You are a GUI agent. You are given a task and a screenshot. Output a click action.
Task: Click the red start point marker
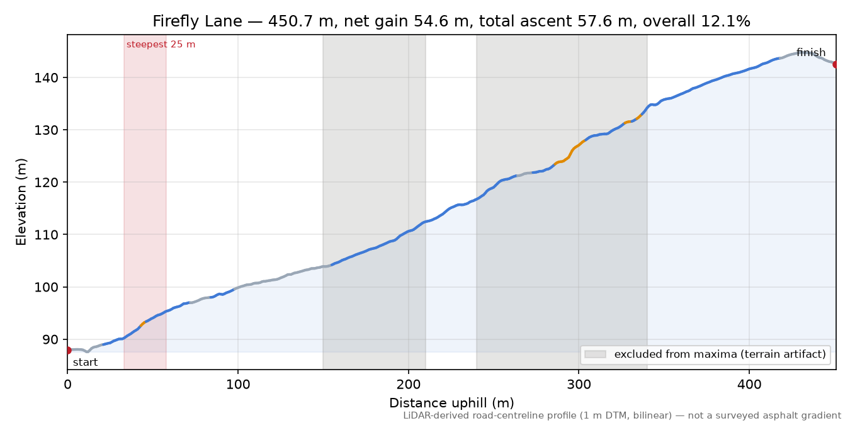pos(68,350)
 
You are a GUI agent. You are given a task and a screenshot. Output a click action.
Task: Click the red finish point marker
pos(836,64)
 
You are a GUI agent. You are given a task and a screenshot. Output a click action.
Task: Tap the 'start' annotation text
pos(85,362)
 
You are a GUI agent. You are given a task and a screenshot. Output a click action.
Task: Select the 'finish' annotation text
pos(811,52)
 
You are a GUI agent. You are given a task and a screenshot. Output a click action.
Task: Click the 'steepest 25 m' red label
pos(161,45)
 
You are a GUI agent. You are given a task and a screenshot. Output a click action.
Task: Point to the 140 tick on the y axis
pos(47,78)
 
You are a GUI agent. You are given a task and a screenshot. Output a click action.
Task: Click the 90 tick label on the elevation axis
pos(51,339)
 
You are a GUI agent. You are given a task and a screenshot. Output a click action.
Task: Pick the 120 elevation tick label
pos(47,183)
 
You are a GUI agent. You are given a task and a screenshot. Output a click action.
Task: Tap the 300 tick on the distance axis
pos(579,385)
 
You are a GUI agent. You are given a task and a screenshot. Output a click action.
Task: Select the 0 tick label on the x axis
pos(67,385)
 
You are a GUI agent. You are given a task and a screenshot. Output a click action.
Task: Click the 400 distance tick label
pos(749,385)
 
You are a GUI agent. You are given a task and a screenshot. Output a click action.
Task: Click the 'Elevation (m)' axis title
pos(21,202)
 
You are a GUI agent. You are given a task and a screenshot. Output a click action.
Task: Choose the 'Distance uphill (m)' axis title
pos(451,402)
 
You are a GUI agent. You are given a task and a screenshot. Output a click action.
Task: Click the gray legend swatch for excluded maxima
pos(595,354)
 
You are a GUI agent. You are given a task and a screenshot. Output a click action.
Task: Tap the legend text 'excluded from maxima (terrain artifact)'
pos(720,354)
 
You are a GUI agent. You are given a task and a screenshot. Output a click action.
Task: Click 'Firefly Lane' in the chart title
pos(197,21)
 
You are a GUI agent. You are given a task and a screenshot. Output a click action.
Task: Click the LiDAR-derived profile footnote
pos(622,416)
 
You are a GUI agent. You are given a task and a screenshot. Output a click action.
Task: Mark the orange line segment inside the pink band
pos(143,324)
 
